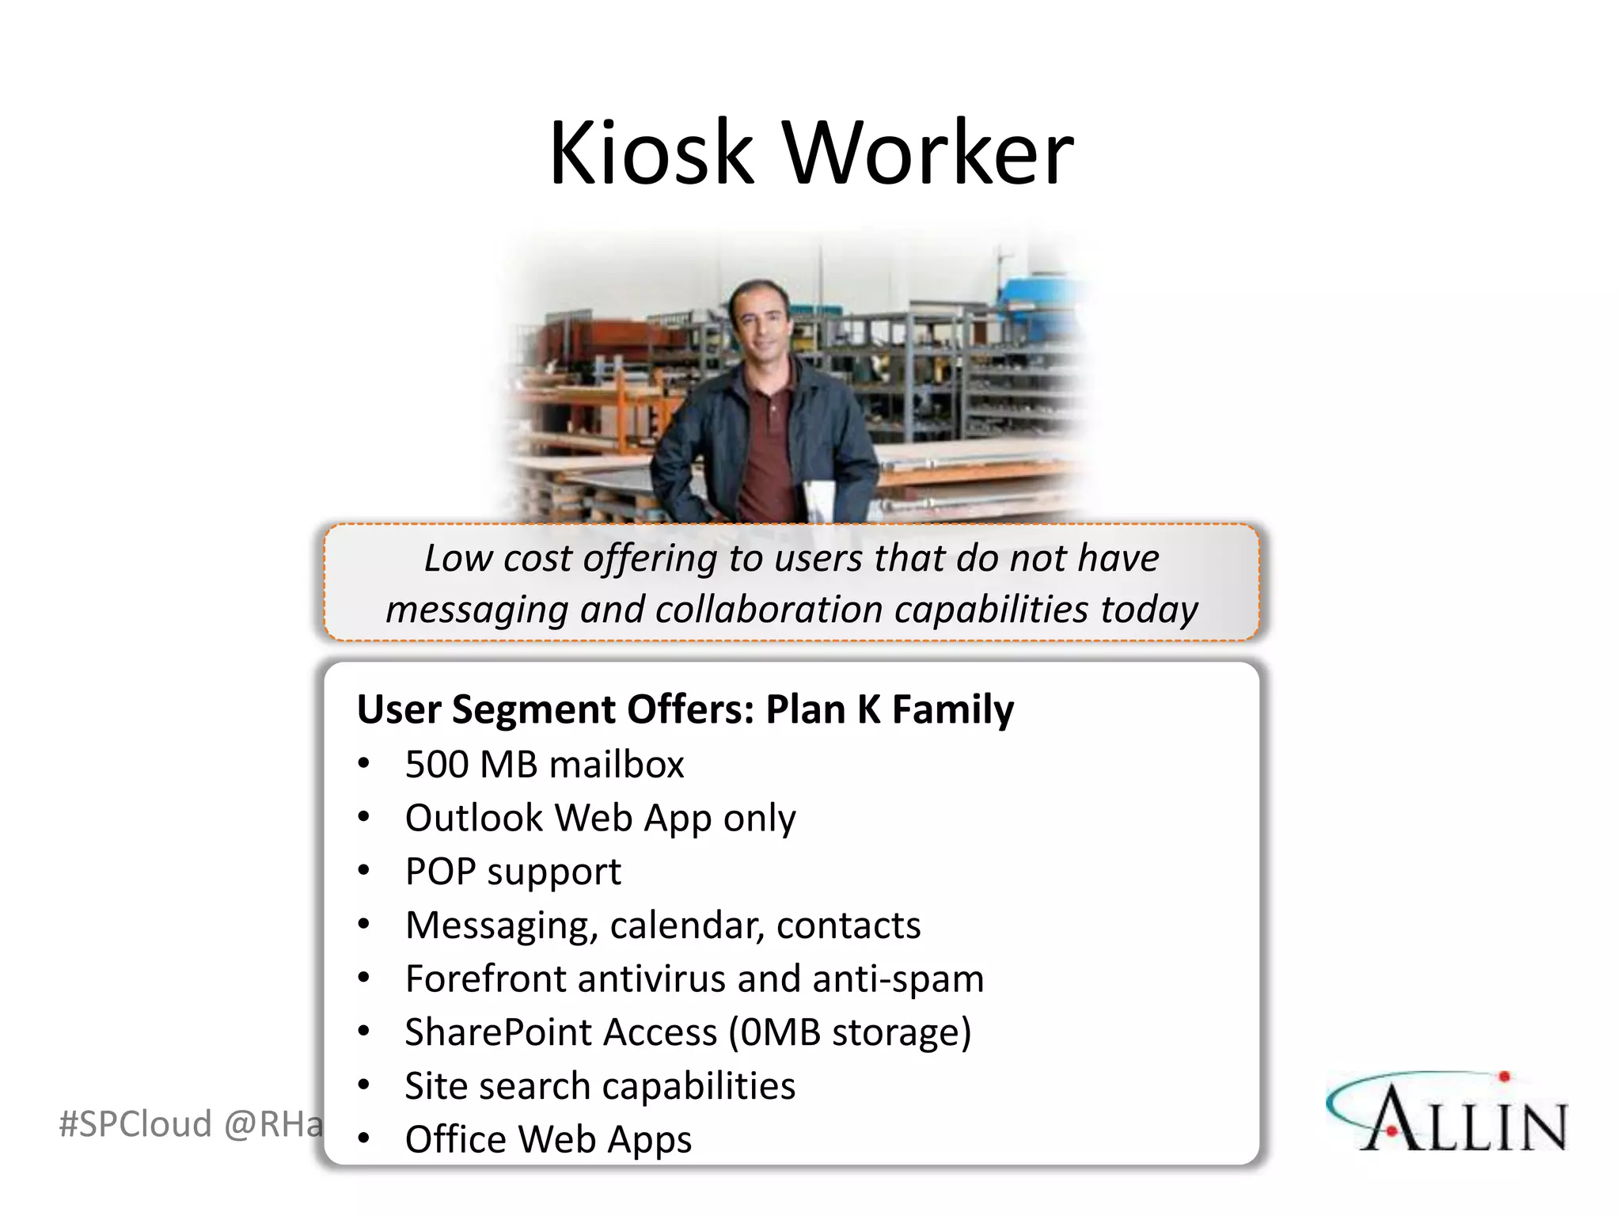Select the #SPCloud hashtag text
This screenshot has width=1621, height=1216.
[135, 1124]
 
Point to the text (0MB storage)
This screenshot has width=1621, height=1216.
[850, 1032]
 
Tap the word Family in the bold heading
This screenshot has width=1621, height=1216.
[952, 709]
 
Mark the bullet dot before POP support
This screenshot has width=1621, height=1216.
[363, 871]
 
